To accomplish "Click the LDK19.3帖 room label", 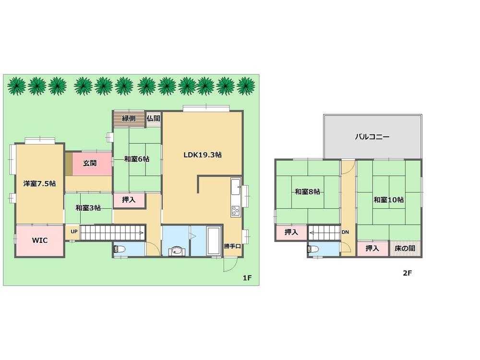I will (x=202, y=155).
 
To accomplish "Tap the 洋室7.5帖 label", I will (x=39, y=183).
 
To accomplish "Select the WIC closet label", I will (x=39, y=240).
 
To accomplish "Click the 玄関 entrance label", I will (x=89, y=163).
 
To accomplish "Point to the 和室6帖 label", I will (x=136, y=159).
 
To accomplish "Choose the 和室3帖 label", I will (x=88, y=208).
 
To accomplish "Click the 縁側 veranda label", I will (x=128, y=119).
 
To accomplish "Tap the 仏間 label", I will (x=153, y=119).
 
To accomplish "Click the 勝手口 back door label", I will (x=232, y=247).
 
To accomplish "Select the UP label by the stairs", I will (x=74, y=231).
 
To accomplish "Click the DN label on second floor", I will (x=345, y=232).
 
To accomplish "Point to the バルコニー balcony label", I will (x=372, y=137).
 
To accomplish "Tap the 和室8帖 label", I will (x=307, y=192).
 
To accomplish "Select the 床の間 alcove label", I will (x=405, y=249).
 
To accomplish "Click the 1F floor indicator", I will (x=247, y=277).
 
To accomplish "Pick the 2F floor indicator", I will (x=407, y=274).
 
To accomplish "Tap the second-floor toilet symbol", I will (x=313, y=249).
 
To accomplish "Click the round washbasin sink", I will (x=176, y=250).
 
